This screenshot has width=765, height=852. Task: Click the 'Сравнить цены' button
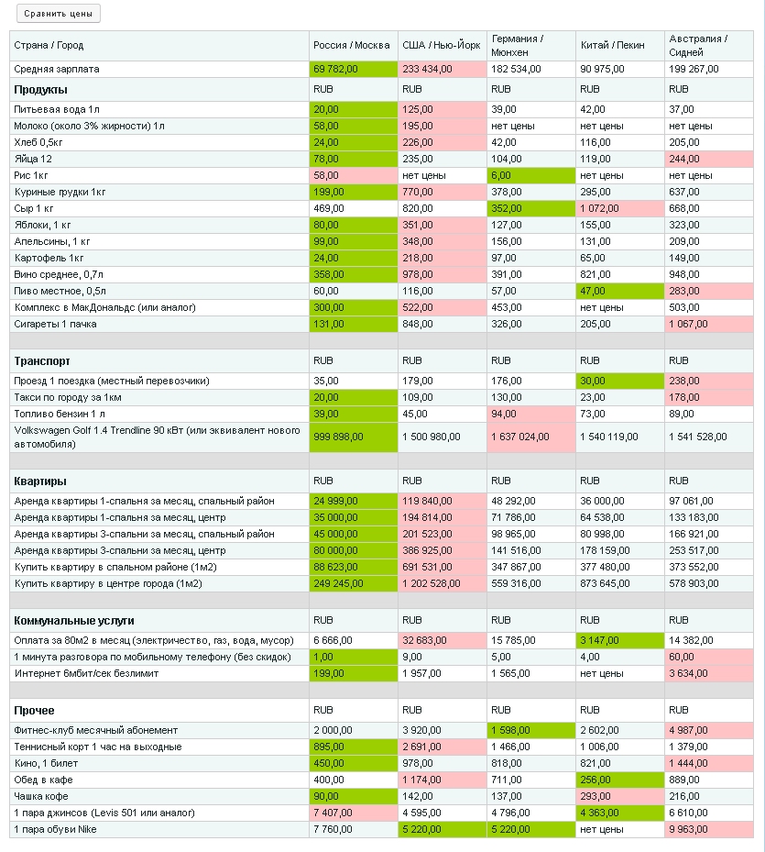pos(59,14)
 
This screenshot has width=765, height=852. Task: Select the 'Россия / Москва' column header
pos(351,45)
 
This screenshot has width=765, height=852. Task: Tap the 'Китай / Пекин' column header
pos(612,45)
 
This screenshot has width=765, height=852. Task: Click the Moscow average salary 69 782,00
pos(335,69)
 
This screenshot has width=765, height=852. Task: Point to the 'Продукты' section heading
pos(40,90)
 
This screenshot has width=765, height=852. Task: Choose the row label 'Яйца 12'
pos(33,159)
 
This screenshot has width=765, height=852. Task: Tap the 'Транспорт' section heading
pos(42,361)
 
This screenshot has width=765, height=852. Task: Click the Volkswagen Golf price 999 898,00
pos(338,437)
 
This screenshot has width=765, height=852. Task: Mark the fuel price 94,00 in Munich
pos(504,414)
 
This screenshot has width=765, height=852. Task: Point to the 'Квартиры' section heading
pos(40,481)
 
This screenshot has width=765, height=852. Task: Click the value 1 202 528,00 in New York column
pos(432,583)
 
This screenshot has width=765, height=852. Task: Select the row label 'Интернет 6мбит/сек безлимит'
pos(86,673)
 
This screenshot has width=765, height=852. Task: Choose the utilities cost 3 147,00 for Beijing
pos(599,640)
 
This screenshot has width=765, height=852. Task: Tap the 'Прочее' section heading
pos(34,711)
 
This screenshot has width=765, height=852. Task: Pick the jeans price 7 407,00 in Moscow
pos(333,813)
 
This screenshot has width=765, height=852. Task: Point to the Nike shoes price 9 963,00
pos(688,829)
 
